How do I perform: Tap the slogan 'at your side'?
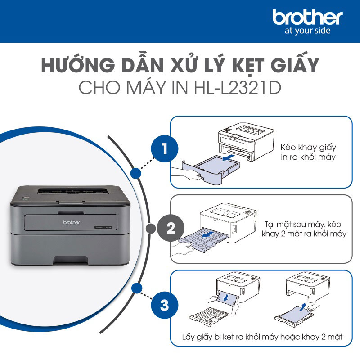[308, 31]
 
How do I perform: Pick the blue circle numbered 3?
[164, 306]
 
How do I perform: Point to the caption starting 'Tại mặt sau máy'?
[304, 229]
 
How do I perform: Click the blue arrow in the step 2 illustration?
[207, 235]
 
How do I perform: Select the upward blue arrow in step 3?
[307, 307]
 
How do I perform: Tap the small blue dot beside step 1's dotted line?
[134, 173]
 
